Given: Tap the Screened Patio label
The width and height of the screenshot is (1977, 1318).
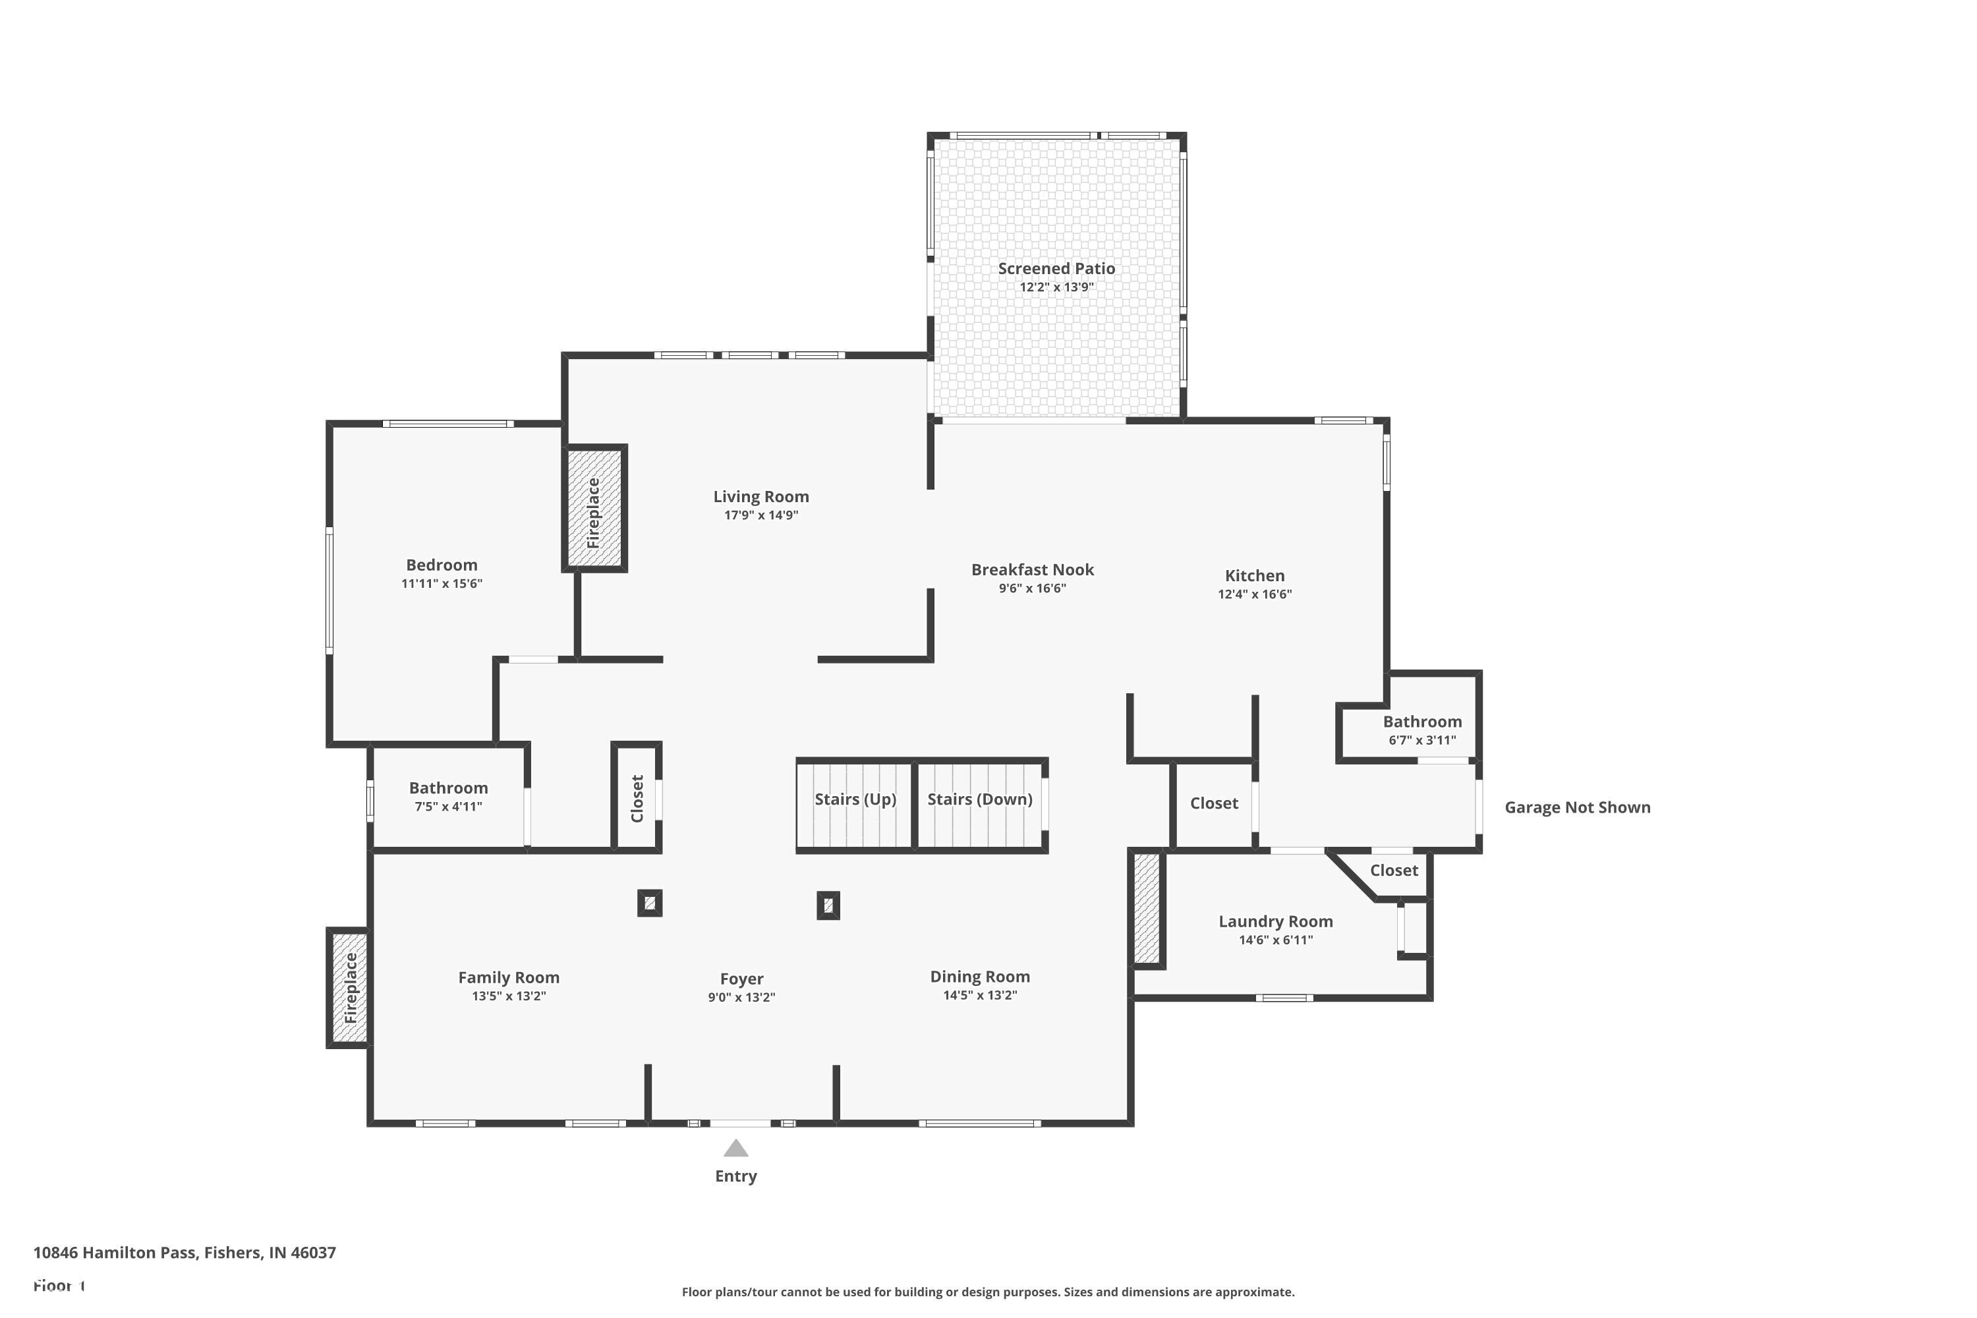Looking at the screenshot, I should [x=1056, y=269].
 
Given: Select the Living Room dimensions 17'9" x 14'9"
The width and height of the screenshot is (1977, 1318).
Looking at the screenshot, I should [x=760, y=515].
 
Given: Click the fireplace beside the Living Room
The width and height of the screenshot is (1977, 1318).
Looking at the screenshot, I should [x=594, y=509].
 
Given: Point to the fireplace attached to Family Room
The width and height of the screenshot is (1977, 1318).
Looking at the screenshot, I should [x=349, y=988].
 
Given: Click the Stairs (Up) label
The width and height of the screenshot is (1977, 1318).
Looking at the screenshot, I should [x=855, y=799].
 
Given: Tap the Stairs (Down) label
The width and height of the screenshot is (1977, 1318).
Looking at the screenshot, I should [x=979, y=799].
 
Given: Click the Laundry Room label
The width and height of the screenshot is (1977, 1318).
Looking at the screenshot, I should [x=1275, y=922].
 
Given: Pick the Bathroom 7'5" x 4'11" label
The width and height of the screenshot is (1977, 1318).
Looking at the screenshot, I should [x=448, y=788].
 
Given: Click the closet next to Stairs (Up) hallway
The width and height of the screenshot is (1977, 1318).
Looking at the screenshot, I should [x=637, y=799].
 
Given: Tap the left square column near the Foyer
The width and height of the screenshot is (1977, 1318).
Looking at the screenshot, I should [x=650, y=903].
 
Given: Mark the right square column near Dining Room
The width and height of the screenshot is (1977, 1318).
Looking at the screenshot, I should [x=828, y=906].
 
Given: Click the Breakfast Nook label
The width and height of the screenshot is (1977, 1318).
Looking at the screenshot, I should [x=1032, y=570].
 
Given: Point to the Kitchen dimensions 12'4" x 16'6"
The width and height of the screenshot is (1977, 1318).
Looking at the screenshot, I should [x=1254, y=594].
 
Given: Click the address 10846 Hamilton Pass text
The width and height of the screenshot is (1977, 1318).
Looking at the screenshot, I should [x=184, y=1253].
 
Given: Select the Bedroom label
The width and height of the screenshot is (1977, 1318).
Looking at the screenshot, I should [x=442, y=565].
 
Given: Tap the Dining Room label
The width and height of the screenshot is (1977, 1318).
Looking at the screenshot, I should [x=979, y=977].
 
